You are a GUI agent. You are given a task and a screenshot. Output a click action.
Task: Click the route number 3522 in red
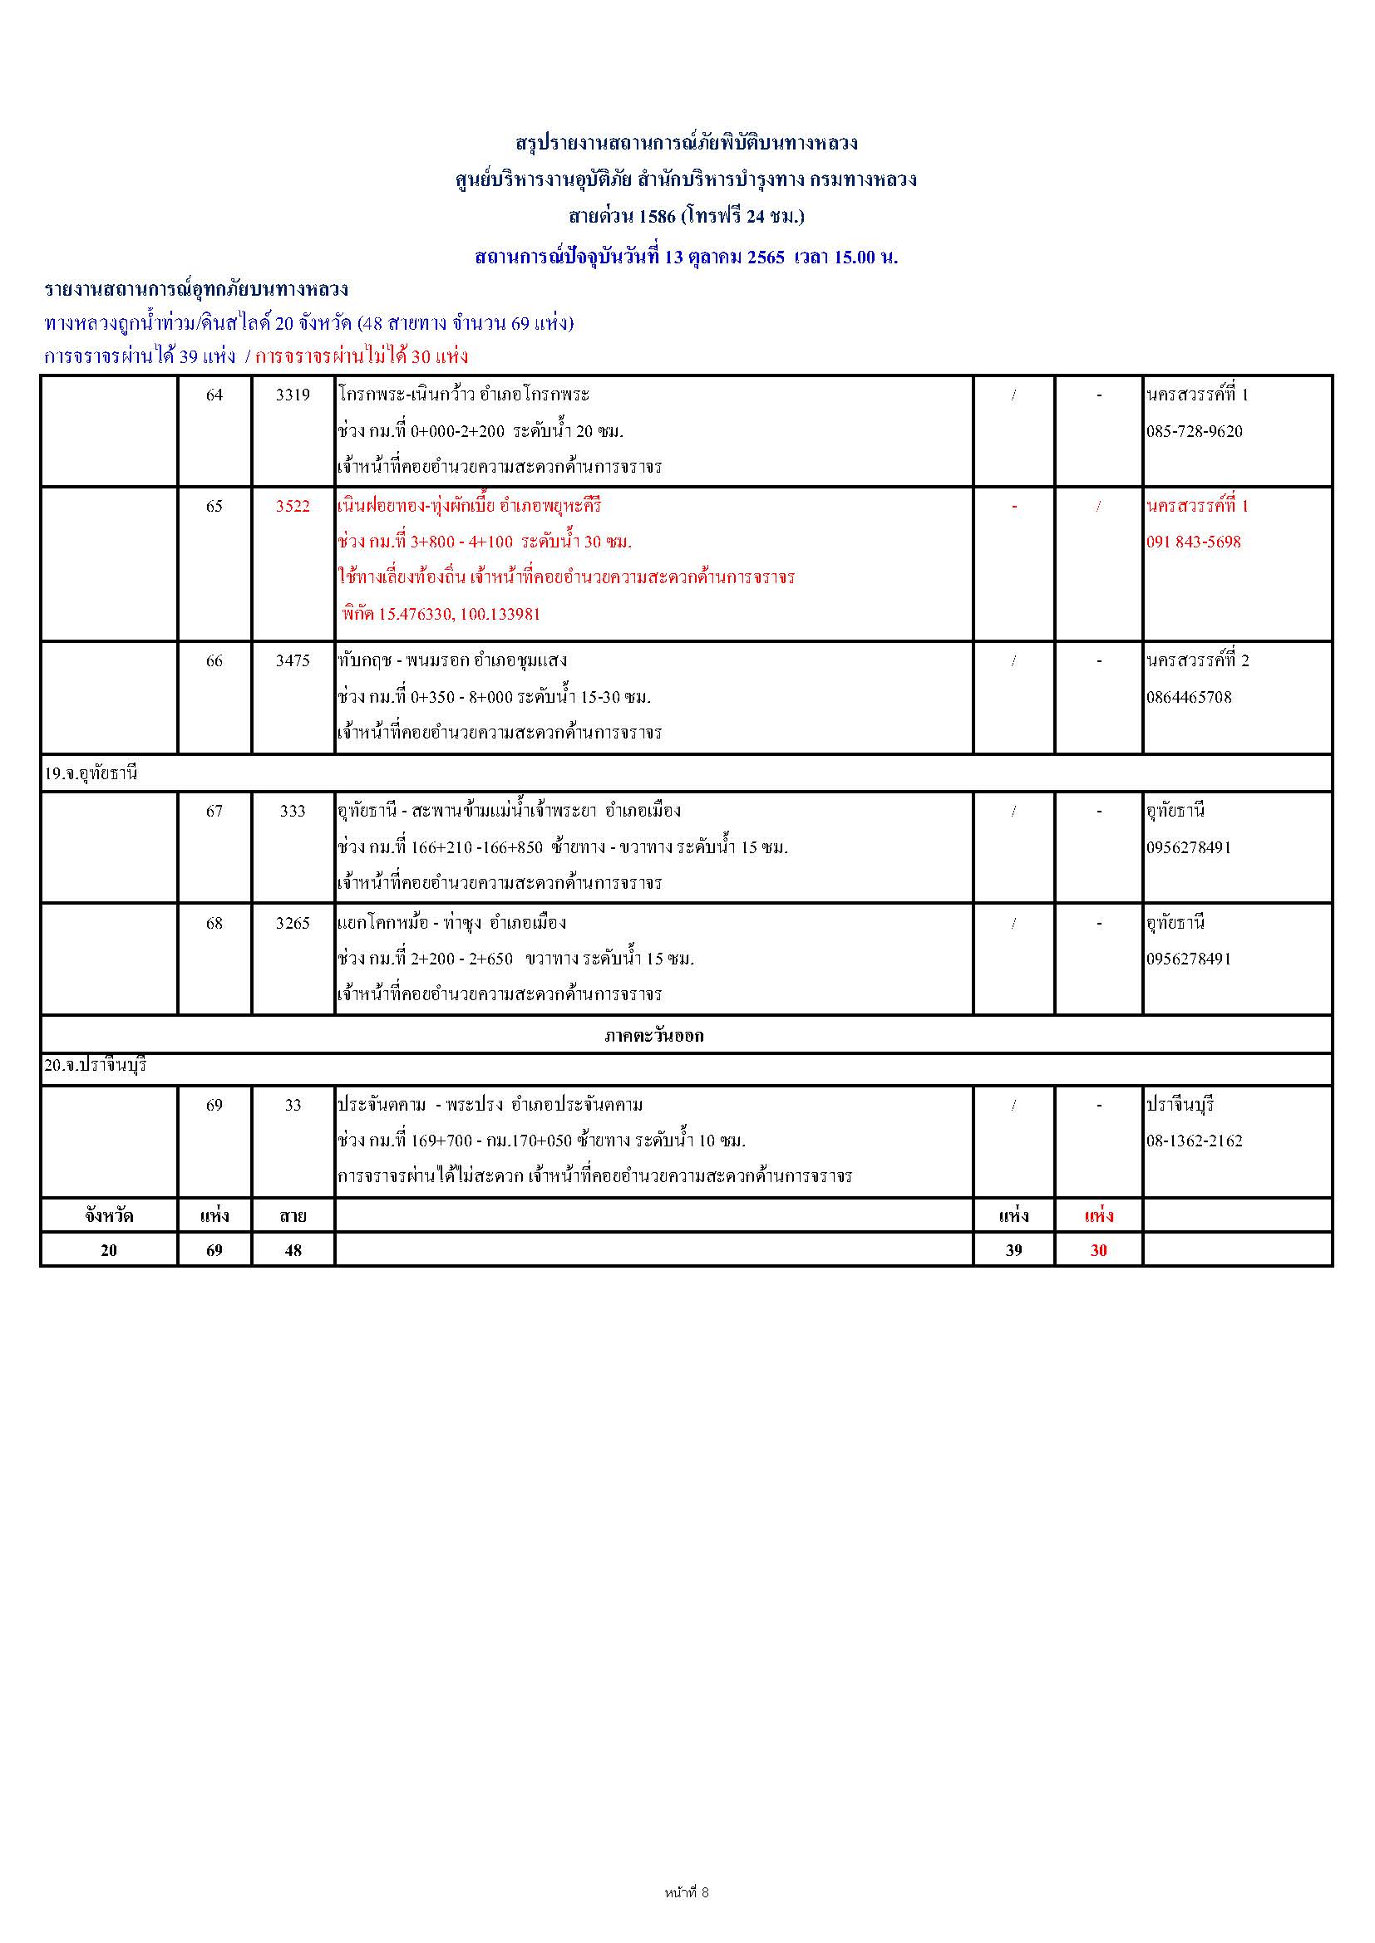[x=293, y=506]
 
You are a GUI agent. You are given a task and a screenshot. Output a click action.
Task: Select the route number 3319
[x=293, y=395]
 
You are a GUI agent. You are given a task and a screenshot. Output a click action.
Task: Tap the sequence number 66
[x=214, y=660]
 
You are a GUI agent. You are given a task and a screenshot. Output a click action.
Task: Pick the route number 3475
[x=293, y=660]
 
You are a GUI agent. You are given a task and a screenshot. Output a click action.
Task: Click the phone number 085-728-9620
[x=1195, y=432]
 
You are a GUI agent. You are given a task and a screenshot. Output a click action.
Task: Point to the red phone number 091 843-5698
[x=1194, y=542]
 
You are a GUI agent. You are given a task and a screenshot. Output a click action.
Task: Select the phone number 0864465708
[x=1190, y=697]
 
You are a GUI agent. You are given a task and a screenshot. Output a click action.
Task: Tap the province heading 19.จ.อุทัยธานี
[x=91, y=773]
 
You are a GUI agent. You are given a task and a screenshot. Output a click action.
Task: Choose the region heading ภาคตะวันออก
[x=653, y=1035]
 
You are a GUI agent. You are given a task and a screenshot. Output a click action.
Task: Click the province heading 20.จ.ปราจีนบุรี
[x=96, y=1066]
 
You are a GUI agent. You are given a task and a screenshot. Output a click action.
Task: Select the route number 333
[x=293, y=811]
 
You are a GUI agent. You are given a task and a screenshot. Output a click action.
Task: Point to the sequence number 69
[x=214, y=1104]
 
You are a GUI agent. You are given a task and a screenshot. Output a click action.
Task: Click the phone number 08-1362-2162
[x=1195, y=1141]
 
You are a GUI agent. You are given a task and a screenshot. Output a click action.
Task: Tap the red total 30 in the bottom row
[x=1098, y=1250]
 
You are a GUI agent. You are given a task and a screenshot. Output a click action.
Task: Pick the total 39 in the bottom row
[x=1013, y=1250]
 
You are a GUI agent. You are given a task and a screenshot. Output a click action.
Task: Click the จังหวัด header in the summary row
[x=108, y=1216]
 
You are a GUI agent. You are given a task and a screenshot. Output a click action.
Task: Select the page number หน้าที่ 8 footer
[x=687, y=1892]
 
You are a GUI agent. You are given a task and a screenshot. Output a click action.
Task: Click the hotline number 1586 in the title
[x=657, y=216]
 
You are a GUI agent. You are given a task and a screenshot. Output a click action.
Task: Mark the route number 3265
[x=293, y=922]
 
